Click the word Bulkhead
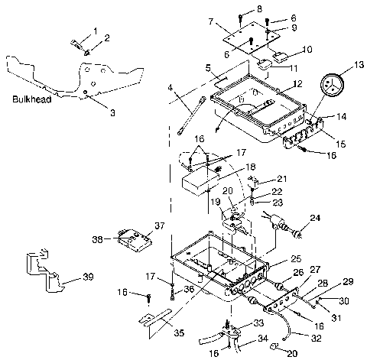tap(32, 99)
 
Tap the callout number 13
tap(359, 65)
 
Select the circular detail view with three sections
tap(332, 86)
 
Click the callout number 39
tap(89, 277)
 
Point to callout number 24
tap(315, 218)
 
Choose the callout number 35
tap(180, 332)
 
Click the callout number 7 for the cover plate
tap(210, 21)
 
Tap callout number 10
tap(307, 49)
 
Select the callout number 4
tap(171, 88)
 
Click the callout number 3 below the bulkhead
tap(112, 112)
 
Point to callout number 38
tap(97, 239)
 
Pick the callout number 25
tap(296, 258)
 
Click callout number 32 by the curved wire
tap(316, 339)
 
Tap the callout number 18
tap(251, 167)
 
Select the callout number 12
tap(297, 83)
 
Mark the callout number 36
tap(189, 289)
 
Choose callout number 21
tap(281, 179)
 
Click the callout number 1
tap(95, 31)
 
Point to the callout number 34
tap(263, 339)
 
